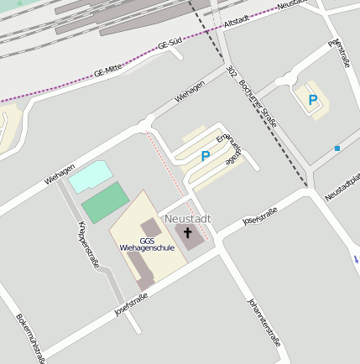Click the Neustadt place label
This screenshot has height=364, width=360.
188,218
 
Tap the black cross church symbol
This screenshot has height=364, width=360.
188,233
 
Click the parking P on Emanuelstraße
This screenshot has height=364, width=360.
205,155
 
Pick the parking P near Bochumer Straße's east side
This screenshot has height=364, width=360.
313,101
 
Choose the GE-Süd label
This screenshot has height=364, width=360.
170,46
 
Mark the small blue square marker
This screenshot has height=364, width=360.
337,148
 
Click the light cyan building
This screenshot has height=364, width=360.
88,177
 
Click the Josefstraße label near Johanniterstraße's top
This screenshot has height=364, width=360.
259,218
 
